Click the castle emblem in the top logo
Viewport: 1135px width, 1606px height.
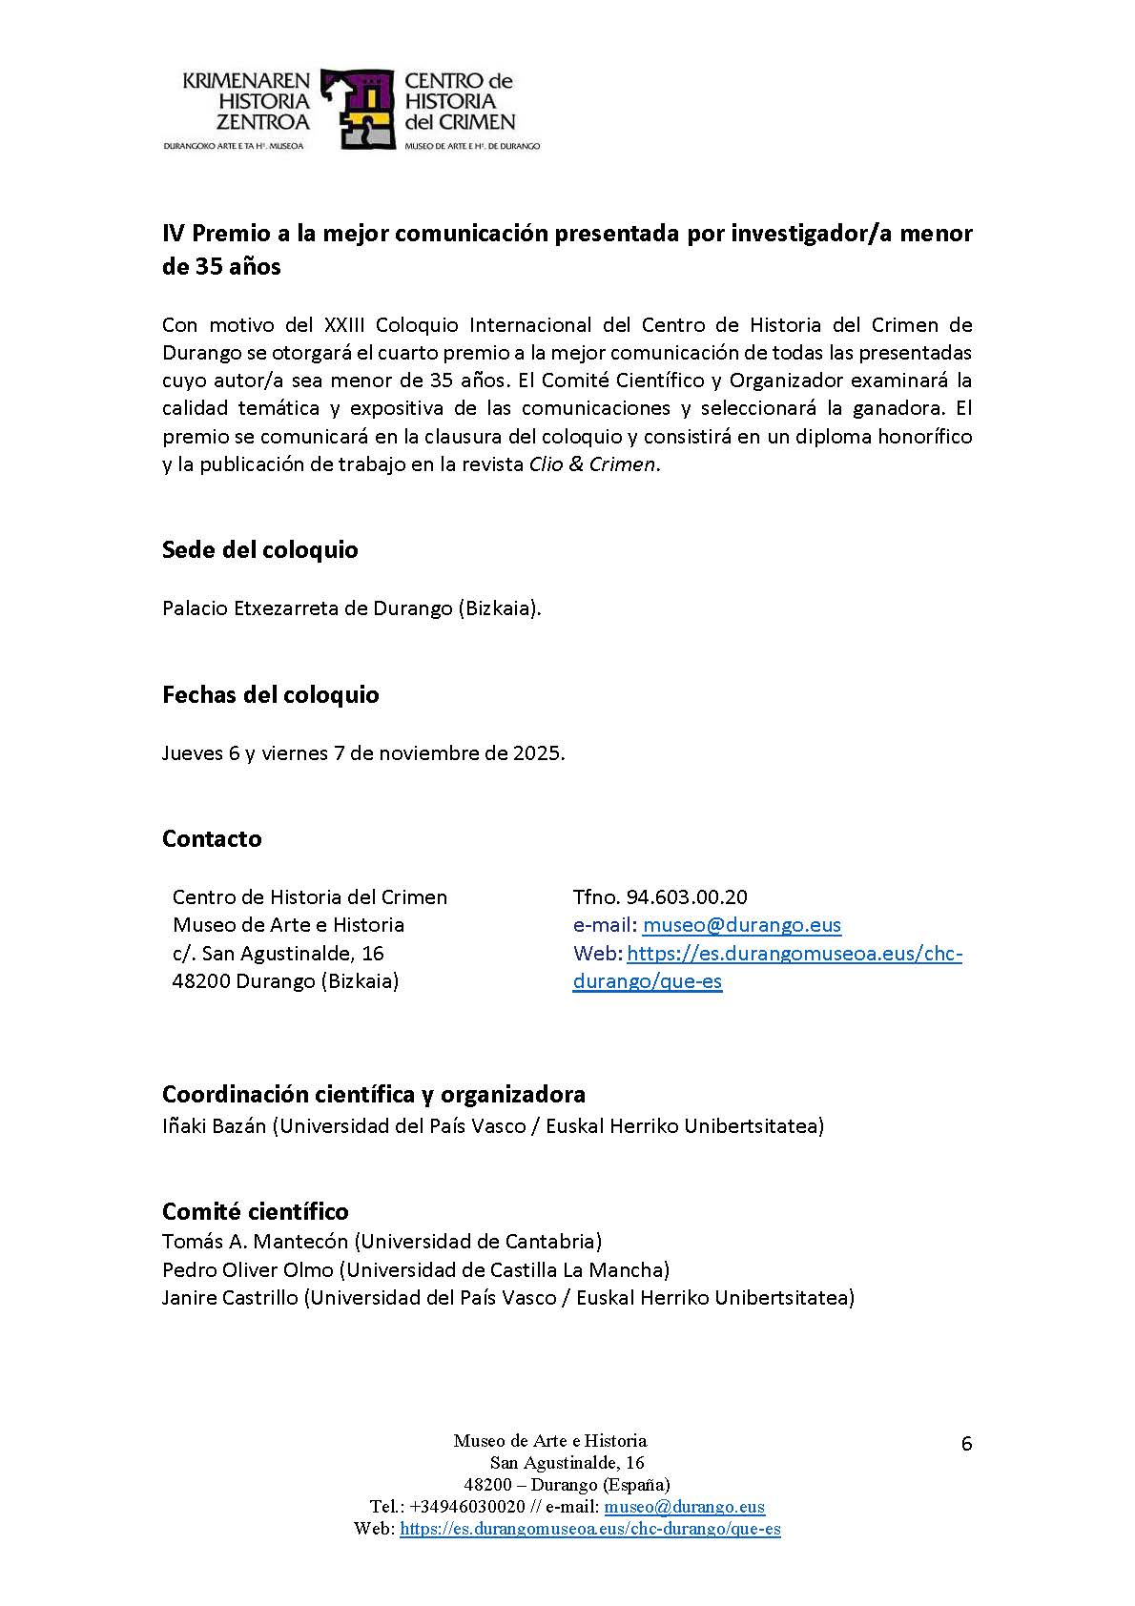tap(358, 109)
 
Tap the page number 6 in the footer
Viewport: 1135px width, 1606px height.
tap(966, 1444)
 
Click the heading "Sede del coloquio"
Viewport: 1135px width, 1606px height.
tap(259, 550)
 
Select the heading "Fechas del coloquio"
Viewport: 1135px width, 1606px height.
tap(270, 694)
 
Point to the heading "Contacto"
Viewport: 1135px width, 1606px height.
tap(212, 838)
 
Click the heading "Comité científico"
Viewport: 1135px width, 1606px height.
tap(255, 1211)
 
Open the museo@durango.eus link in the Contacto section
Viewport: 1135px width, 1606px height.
tap(741, 925)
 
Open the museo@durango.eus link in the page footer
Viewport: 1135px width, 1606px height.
tap(684, 1507)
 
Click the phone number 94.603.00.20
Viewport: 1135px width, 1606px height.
tap(687, 897)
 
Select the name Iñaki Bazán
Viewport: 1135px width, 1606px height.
tap(214, 1126)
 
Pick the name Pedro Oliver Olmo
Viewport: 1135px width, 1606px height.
tap(248, 1270)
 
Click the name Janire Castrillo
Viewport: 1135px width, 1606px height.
tap(229, 1298)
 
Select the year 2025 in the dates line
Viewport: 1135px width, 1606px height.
tap(537, 753)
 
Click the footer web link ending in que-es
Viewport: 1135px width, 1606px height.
tap(589, 1529)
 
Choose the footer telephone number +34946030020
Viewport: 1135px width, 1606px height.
tap(466, 1507)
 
